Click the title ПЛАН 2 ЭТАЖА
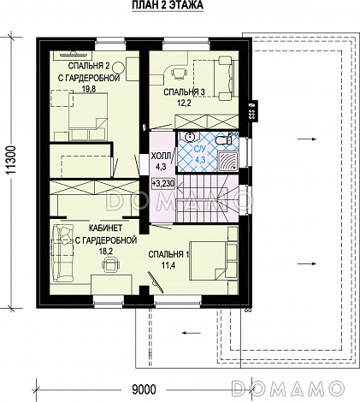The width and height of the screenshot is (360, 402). click(168, 5)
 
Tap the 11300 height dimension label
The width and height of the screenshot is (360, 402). click(10, 160)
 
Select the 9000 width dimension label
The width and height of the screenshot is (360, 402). click(144, 389)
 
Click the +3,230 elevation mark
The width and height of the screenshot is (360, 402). click(163, 183)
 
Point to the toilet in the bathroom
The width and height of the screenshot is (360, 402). click(224, 139)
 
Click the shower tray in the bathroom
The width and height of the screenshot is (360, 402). click(227, 162)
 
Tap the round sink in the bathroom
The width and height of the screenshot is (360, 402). click(189, 137)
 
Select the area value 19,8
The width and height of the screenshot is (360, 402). click(89, 89)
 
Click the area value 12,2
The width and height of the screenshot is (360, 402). click(184, 103)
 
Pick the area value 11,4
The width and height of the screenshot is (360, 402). click(168, 265)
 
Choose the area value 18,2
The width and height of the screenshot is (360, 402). click(106, 251)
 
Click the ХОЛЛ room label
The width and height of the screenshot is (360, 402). click(161, 156)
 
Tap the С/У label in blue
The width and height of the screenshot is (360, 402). click(200, 149)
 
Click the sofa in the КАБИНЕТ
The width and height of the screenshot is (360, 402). click(62, 252)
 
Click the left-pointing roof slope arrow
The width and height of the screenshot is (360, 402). click(192, 333)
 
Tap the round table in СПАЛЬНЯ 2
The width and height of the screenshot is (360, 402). click(118, 68)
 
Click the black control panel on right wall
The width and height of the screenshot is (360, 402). click(252, 111)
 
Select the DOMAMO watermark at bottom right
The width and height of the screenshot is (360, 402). click(288, 388)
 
